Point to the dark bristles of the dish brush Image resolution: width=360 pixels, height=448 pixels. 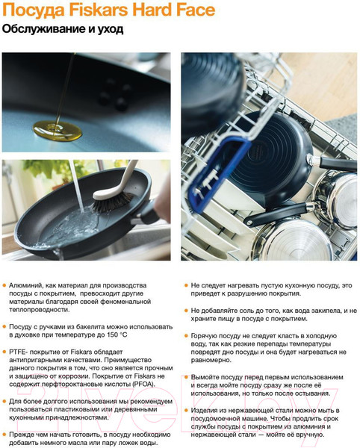coord(112,203)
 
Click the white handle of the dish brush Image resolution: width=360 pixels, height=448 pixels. coord(120,181)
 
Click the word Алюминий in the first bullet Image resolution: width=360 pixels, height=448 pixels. coord(26,285)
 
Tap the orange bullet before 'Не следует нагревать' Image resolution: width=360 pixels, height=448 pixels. coord(186,285)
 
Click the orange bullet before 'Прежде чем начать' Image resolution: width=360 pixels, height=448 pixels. coord(4,435)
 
